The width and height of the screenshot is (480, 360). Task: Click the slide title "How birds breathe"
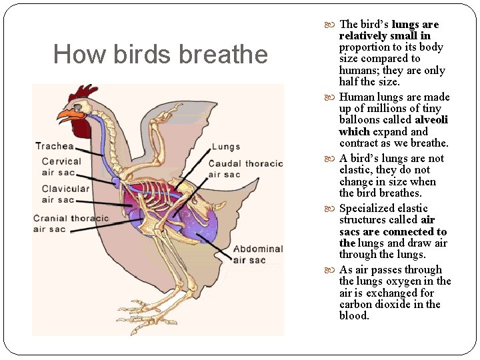160,54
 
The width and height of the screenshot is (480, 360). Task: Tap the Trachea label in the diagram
54,146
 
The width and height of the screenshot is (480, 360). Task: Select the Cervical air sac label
61,167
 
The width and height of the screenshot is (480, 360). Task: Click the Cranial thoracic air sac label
70,224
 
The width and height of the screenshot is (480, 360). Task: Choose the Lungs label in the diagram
225,147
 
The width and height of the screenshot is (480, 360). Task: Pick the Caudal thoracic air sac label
245,169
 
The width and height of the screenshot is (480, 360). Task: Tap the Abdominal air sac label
257,254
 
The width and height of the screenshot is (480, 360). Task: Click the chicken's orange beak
66,115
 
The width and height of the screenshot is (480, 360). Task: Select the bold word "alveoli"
431,120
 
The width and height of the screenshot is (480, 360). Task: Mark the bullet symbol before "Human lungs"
332,97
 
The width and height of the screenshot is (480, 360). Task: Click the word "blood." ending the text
354,316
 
